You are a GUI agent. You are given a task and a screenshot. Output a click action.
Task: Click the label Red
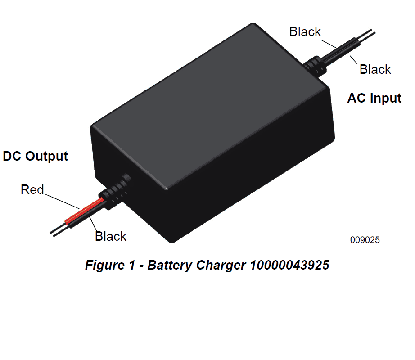pyautogui.click(x=32, y=189)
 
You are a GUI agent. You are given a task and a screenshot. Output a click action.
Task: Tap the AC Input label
pyautogui.click(x=374, y=98)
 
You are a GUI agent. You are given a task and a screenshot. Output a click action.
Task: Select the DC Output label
pyautogui.click(x=35, y=156)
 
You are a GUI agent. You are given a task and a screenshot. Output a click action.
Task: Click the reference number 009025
pyautogui.click(x=365, y=240)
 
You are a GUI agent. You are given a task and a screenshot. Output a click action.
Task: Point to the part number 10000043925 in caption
pyautogui.click(x=289, y=265)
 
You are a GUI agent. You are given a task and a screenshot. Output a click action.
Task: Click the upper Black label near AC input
pyautogui.click(x=305, y=31)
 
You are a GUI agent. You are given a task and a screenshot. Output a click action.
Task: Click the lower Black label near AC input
pyautogui.click(x=375, y=69)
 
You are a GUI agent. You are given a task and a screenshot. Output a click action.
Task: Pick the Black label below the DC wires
pyautogui.click(x=111, y=236)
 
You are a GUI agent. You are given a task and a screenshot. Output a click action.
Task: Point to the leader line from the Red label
pyautogui.click(x=61, y=201)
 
